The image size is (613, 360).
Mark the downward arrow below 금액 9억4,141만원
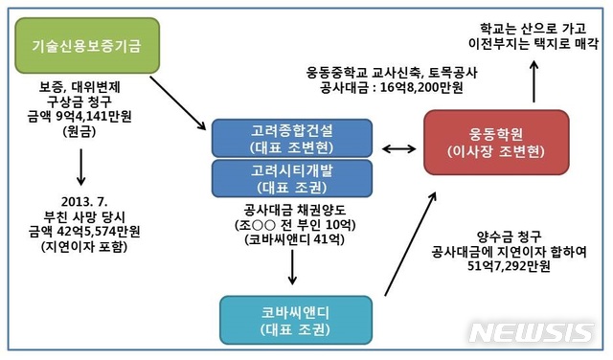tap(81, 165)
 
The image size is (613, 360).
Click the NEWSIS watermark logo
tap(533, 330)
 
